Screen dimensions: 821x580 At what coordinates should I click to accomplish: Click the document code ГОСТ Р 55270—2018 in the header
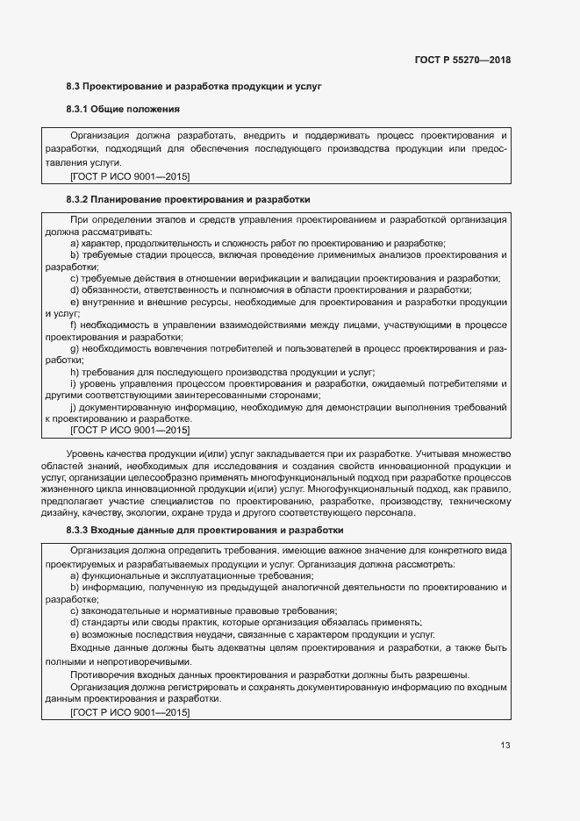462,61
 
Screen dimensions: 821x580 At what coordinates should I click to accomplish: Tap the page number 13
505,746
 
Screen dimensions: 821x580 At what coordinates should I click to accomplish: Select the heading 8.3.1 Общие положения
123,110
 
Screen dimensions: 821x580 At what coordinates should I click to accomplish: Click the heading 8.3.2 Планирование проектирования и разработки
188,200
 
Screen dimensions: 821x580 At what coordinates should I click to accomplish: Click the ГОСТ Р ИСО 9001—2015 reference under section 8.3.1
130,175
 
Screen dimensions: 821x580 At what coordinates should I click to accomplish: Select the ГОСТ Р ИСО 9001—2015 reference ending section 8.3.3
130,712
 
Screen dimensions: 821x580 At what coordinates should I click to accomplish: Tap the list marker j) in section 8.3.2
74,407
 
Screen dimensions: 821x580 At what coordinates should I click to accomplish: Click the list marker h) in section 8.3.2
74,372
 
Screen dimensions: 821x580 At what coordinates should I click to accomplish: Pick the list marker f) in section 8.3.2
73,325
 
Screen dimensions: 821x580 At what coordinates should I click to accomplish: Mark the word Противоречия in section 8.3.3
102,675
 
